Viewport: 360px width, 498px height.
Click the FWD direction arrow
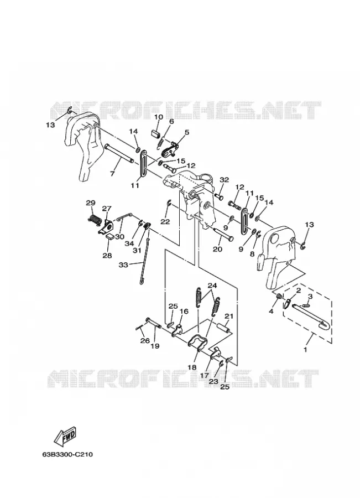66,435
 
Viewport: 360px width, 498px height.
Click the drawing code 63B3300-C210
67,454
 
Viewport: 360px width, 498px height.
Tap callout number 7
112,174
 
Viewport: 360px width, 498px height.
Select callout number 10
158,117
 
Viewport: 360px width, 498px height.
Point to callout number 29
91,203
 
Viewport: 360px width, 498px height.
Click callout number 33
123,264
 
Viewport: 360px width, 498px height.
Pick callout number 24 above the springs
212,286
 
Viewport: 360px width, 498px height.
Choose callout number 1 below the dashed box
305,350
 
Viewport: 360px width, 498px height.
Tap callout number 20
217,250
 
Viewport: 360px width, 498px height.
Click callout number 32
224,180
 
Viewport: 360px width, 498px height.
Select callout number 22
165,221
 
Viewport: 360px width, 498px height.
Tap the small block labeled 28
111,236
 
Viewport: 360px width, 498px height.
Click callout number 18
192,367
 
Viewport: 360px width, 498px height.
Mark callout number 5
187,132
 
